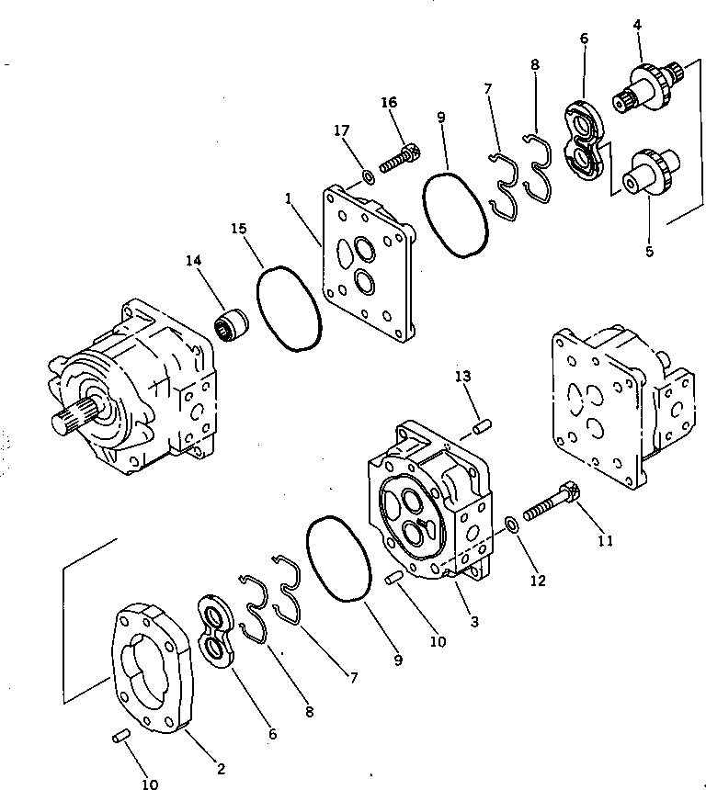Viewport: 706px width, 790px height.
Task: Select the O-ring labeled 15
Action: click(x=288, y=309)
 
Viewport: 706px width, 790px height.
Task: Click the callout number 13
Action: click(x=462, y=376)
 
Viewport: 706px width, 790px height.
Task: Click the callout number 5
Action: click(x=649, y=251)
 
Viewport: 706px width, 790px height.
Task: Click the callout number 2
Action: click(x=220, y=768)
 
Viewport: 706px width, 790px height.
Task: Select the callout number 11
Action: click(x=604, y=541)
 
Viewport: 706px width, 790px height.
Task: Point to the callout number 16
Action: click(x=388, y=103)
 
